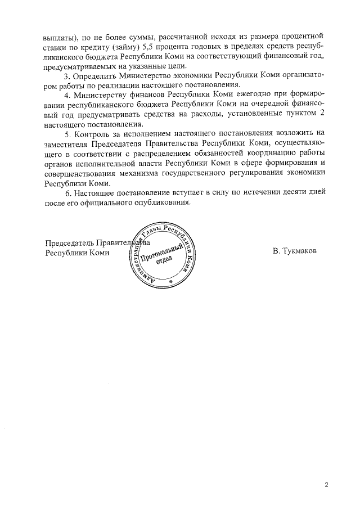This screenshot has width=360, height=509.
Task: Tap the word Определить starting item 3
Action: tap(101, 75)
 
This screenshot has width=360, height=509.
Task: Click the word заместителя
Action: tap(67, 143)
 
